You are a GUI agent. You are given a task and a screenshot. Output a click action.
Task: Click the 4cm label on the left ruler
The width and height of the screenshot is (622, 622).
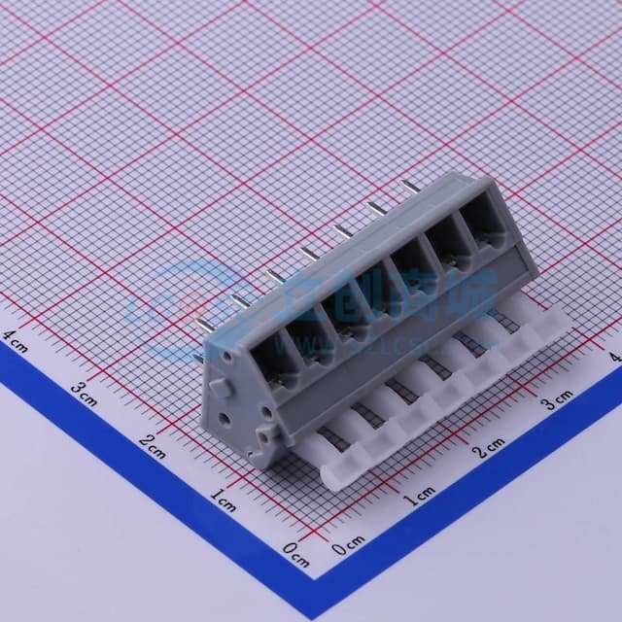pos(17,340)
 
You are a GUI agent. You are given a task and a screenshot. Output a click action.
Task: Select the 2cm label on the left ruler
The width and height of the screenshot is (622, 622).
pos(154,446)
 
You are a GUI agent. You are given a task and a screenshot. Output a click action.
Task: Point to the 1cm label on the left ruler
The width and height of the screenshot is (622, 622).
pos(224,499)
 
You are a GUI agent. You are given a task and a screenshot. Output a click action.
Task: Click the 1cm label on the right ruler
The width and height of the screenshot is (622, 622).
pos(420,499)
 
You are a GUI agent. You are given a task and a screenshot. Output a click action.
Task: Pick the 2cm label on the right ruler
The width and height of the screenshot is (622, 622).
pos(489,447)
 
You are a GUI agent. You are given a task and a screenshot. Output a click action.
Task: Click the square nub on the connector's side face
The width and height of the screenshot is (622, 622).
pos(219,388)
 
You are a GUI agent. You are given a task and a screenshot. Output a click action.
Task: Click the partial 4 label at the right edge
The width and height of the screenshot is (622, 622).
pos(615,358)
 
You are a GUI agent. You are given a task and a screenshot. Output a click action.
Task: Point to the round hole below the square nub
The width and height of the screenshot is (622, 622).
pos(225,417)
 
